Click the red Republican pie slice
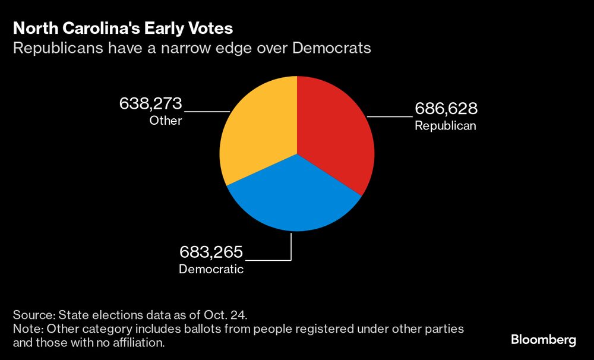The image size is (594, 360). [336, 137]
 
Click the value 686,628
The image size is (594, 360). [445, 109]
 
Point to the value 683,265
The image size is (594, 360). [211, 252]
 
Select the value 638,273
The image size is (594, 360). [151, 104]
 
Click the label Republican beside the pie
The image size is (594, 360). [445, 126]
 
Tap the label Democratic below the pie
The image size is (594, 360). [211, 269]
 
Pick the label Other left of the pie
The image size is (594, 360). [165, 121]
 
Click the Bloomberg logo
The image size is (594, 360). [544, 340]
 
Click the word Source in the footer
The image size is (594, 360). [32, 314]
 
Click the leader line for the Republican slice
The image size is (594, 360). [389, 117]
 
